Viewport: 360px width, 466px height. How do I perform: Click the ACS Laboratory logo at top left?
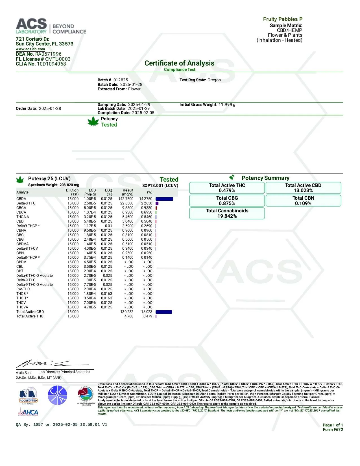tap(51, 26)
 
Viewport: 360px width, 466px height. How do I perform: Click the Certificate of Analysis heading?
tap(179, 63)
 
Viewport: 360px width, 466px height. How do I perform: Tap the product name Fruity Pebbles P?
tap(283, 19)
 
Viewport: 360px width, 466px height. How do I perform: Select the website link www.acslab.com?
tap(30, 49)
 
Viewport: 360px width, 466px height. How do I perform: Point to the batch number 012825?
tap(121, 80)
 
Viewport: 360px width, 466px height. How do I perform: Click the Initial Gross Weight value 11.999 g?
tap(227, 104)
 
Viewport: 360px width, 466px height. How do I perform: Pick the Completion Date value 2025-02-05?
tap(143, 113)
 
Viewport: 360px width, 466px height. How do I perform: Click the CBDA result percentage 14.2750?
tap(146, 199)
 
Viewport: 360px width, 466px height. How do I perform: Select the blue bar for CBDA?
tap(164, 199)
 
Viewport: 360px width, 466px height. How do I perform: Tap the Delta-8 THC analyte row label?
tap(26, 203)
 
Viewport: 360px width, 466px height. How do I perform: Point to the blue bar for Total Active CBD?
tap(164, 312)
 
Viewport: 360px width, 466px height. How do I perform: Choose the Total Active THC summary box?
tap(227, 188)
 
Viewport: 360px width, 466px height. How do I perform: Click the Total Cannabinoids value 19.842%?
tap(227, 216)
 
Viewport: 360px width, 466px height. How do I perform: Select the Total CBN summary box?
tap(303, 201)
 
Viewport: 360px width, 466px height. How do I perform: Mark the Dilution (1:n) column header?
tap(72, 192)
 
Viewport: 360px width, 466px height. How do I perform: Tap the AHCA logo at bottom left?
tap(28, 413)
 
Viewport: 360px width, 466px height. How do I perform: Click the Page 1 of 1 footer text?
tap(333, 425)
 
